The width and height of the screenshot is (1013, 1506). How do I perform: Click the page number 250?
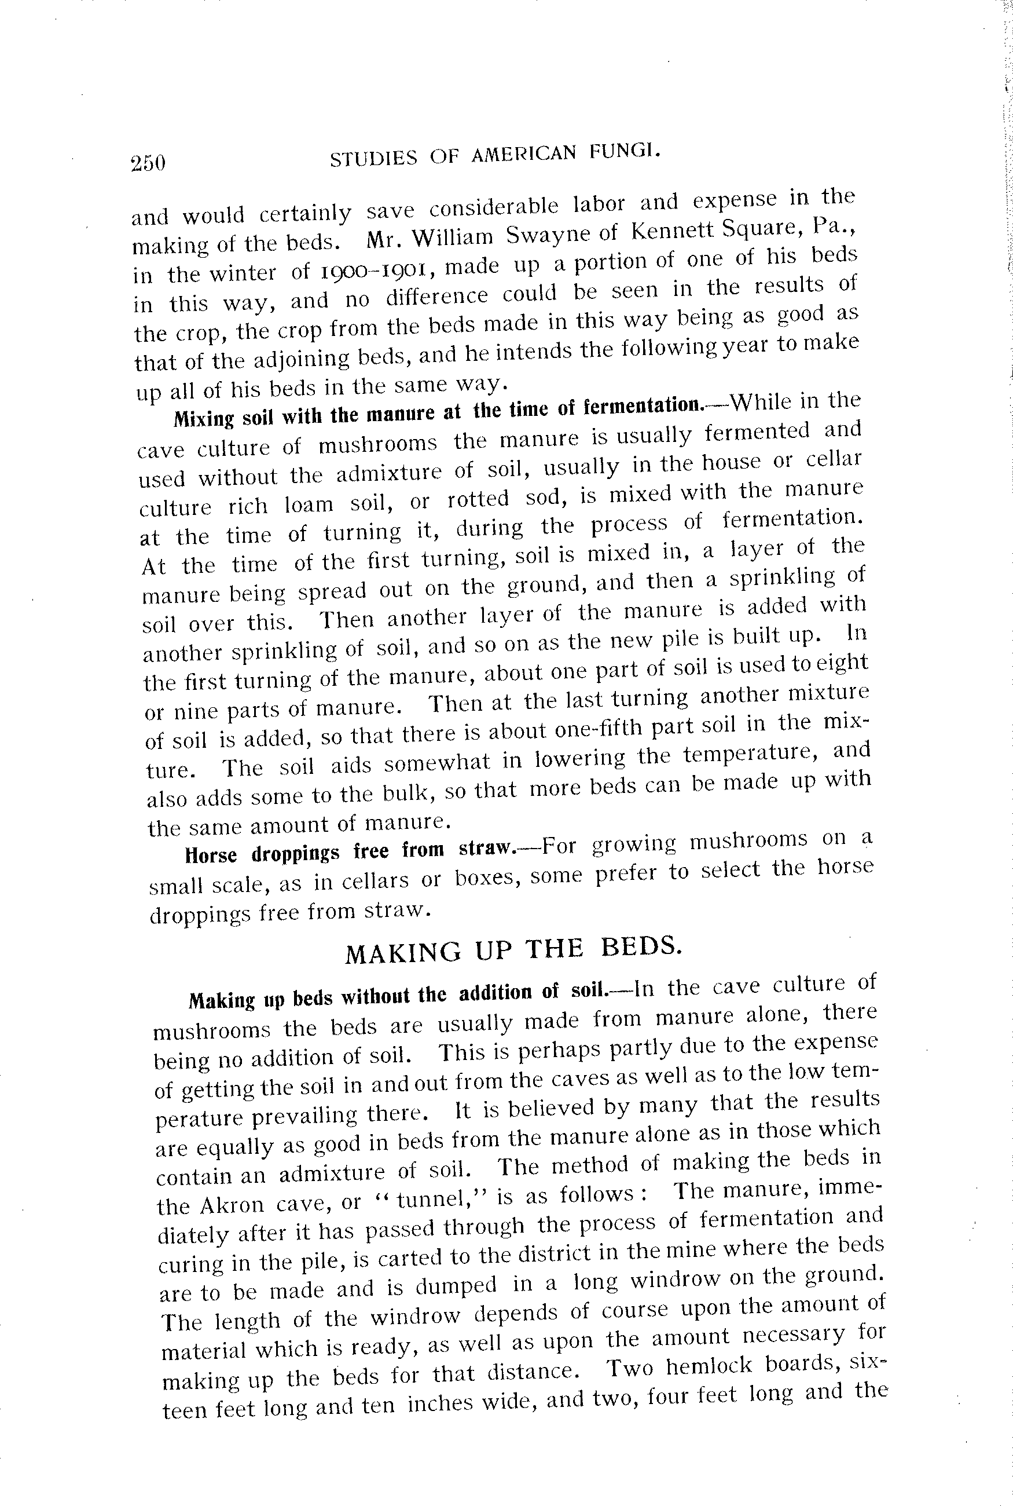click(148, 163)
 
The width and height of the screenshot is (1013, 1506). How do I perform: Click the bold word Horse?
click(211, 855)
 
